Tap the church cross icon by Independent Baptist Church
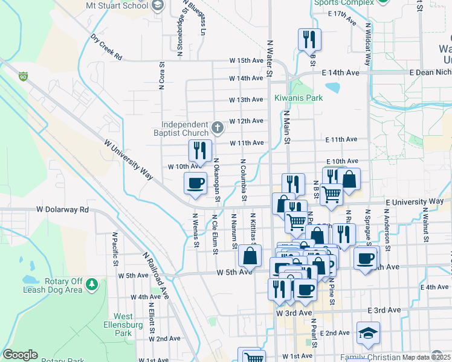click(x=218, y=128)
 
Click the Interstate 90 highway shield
click(x=23, y=77)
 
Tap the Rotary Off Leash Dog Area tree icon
click(x=91, y=283)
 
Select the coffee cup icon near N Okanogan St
click(x=195, y=183)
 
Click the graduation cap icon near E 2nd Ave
click(x=367, y=333)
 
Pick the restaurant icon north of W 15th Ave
click(x=309, y=39)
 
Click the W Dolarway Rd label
click(x=62, y=210)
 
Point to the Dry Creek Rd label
click(x=106, y=47)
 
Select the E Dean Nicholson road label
click(x=430, y=72)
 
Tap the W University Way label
click(x=128, y=162)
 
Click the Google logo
click(x=20, y=355)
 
